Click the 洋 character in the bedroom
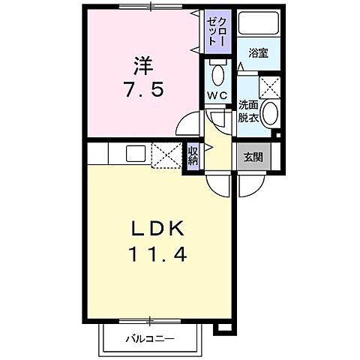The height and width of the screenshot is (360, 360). tap(142, 63)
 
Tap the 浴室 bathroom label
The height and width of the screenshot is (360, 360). tap(257, 53)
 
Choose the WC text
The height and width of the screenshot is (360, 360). tap(217, 95)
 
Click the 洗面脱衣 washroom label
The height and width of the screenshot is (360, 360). tap(248, 112)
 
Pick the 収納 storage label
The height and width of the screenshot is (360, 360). tap(193, 155)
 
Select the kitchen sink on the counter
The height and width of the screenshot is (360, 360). tap(136, 154)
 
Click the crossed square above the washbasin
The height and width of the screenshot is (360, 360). tap(269, 86)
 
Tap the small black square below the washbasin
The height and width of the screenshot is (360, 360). tap(277, 135)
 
